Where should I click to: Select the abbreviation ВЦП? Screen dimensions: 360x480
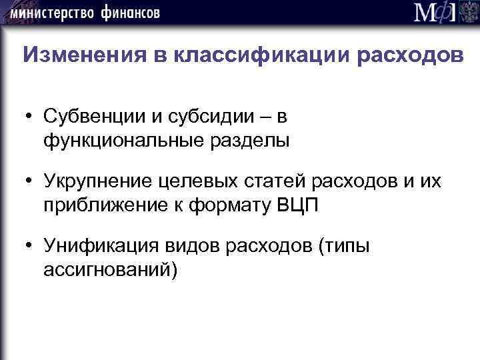click(297, 204)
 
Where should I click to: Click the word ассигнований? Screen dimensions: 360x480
click(110, 269)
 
